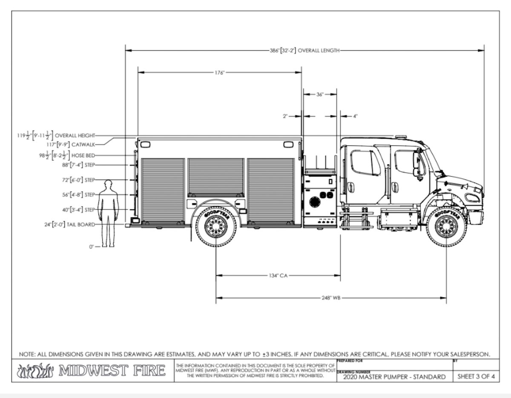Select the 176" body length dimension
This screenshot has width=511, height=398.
pos(219,73)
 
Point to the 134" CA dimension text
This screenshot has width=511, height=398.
pos(278,275)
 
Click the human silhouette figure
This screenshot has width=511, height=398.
pos(108,213)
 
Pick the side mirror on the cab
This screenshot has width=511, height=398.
pos(416,164)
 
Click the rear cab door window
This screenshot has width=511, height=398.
pos(365,162)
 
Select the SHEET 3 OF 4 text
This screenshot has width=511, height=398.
pos(476,377)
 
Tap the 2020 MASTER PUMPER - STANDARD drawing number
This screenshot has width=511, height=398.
pos(391,377)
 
